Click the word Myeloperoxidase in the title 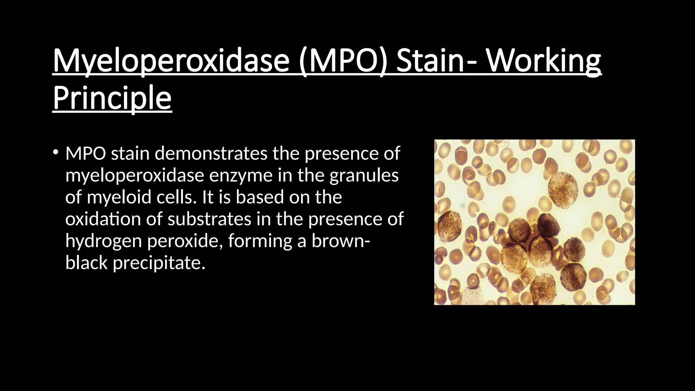[171, 61]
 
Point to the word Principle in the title [112, 98]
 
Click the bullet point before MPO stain [56, 152]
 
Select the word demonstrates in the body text [211, 153]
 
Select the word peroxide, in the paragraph [185, 241]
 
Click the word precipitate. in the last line [159, 263]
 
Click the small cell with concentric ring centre [473, 281]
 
